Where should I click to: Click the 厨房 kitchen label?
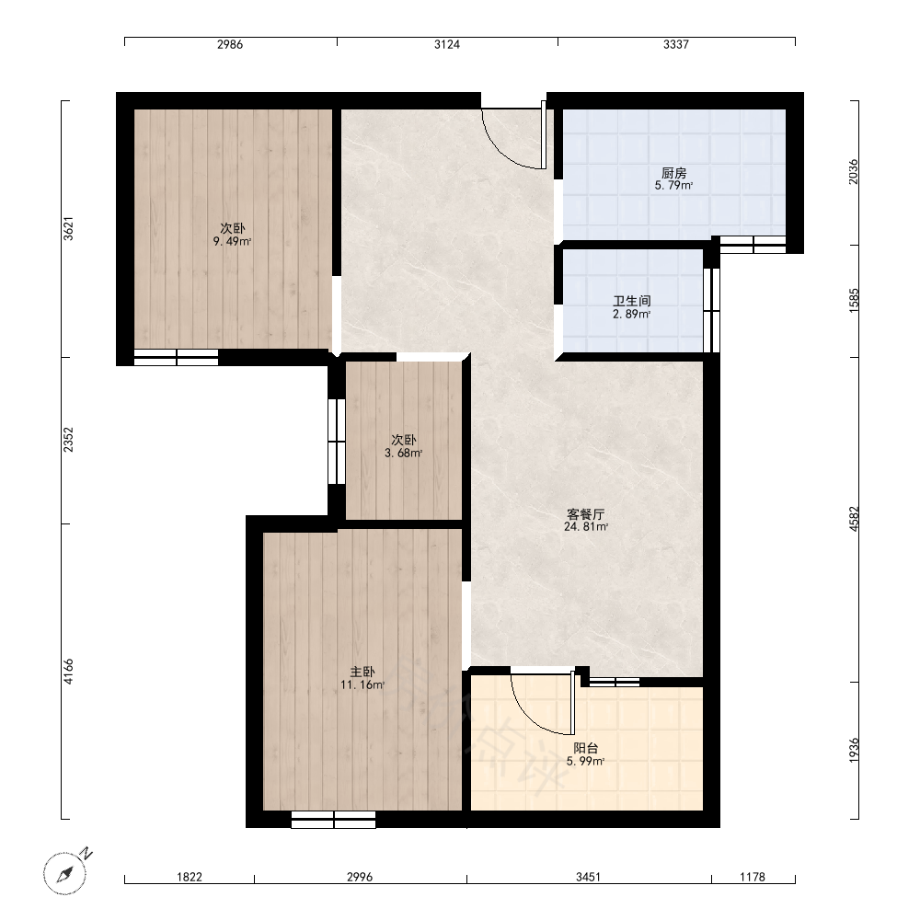[673, 173]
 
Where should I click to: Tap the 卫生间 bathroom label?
[632, 301]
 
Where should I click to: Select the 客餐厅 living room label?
[585, 514]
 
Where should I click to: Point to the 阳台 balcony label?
[585, 748]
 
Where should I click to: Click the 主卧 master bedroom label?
[362, 672]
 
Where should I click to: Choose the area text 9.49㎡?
[233, 241]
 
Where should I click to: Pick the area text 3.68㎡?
[404, 453]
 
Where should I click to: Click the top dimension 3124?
[447, 44]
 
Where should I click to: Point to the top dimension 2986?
[230, 44]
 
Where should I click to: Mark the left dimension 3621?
[69, 228]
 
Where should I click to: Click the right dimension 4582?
[854, 519]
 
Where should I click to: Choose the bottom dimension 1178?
[753, 877]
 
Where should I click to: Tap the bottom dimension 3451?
[588, 877]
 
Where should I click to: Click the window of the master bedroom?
[333, 819]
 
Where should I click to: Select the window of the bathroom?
[711, 310]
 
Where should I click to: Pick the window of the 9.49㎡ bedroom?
[176, 357]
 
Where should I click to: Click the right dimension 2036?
[854, 172]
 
